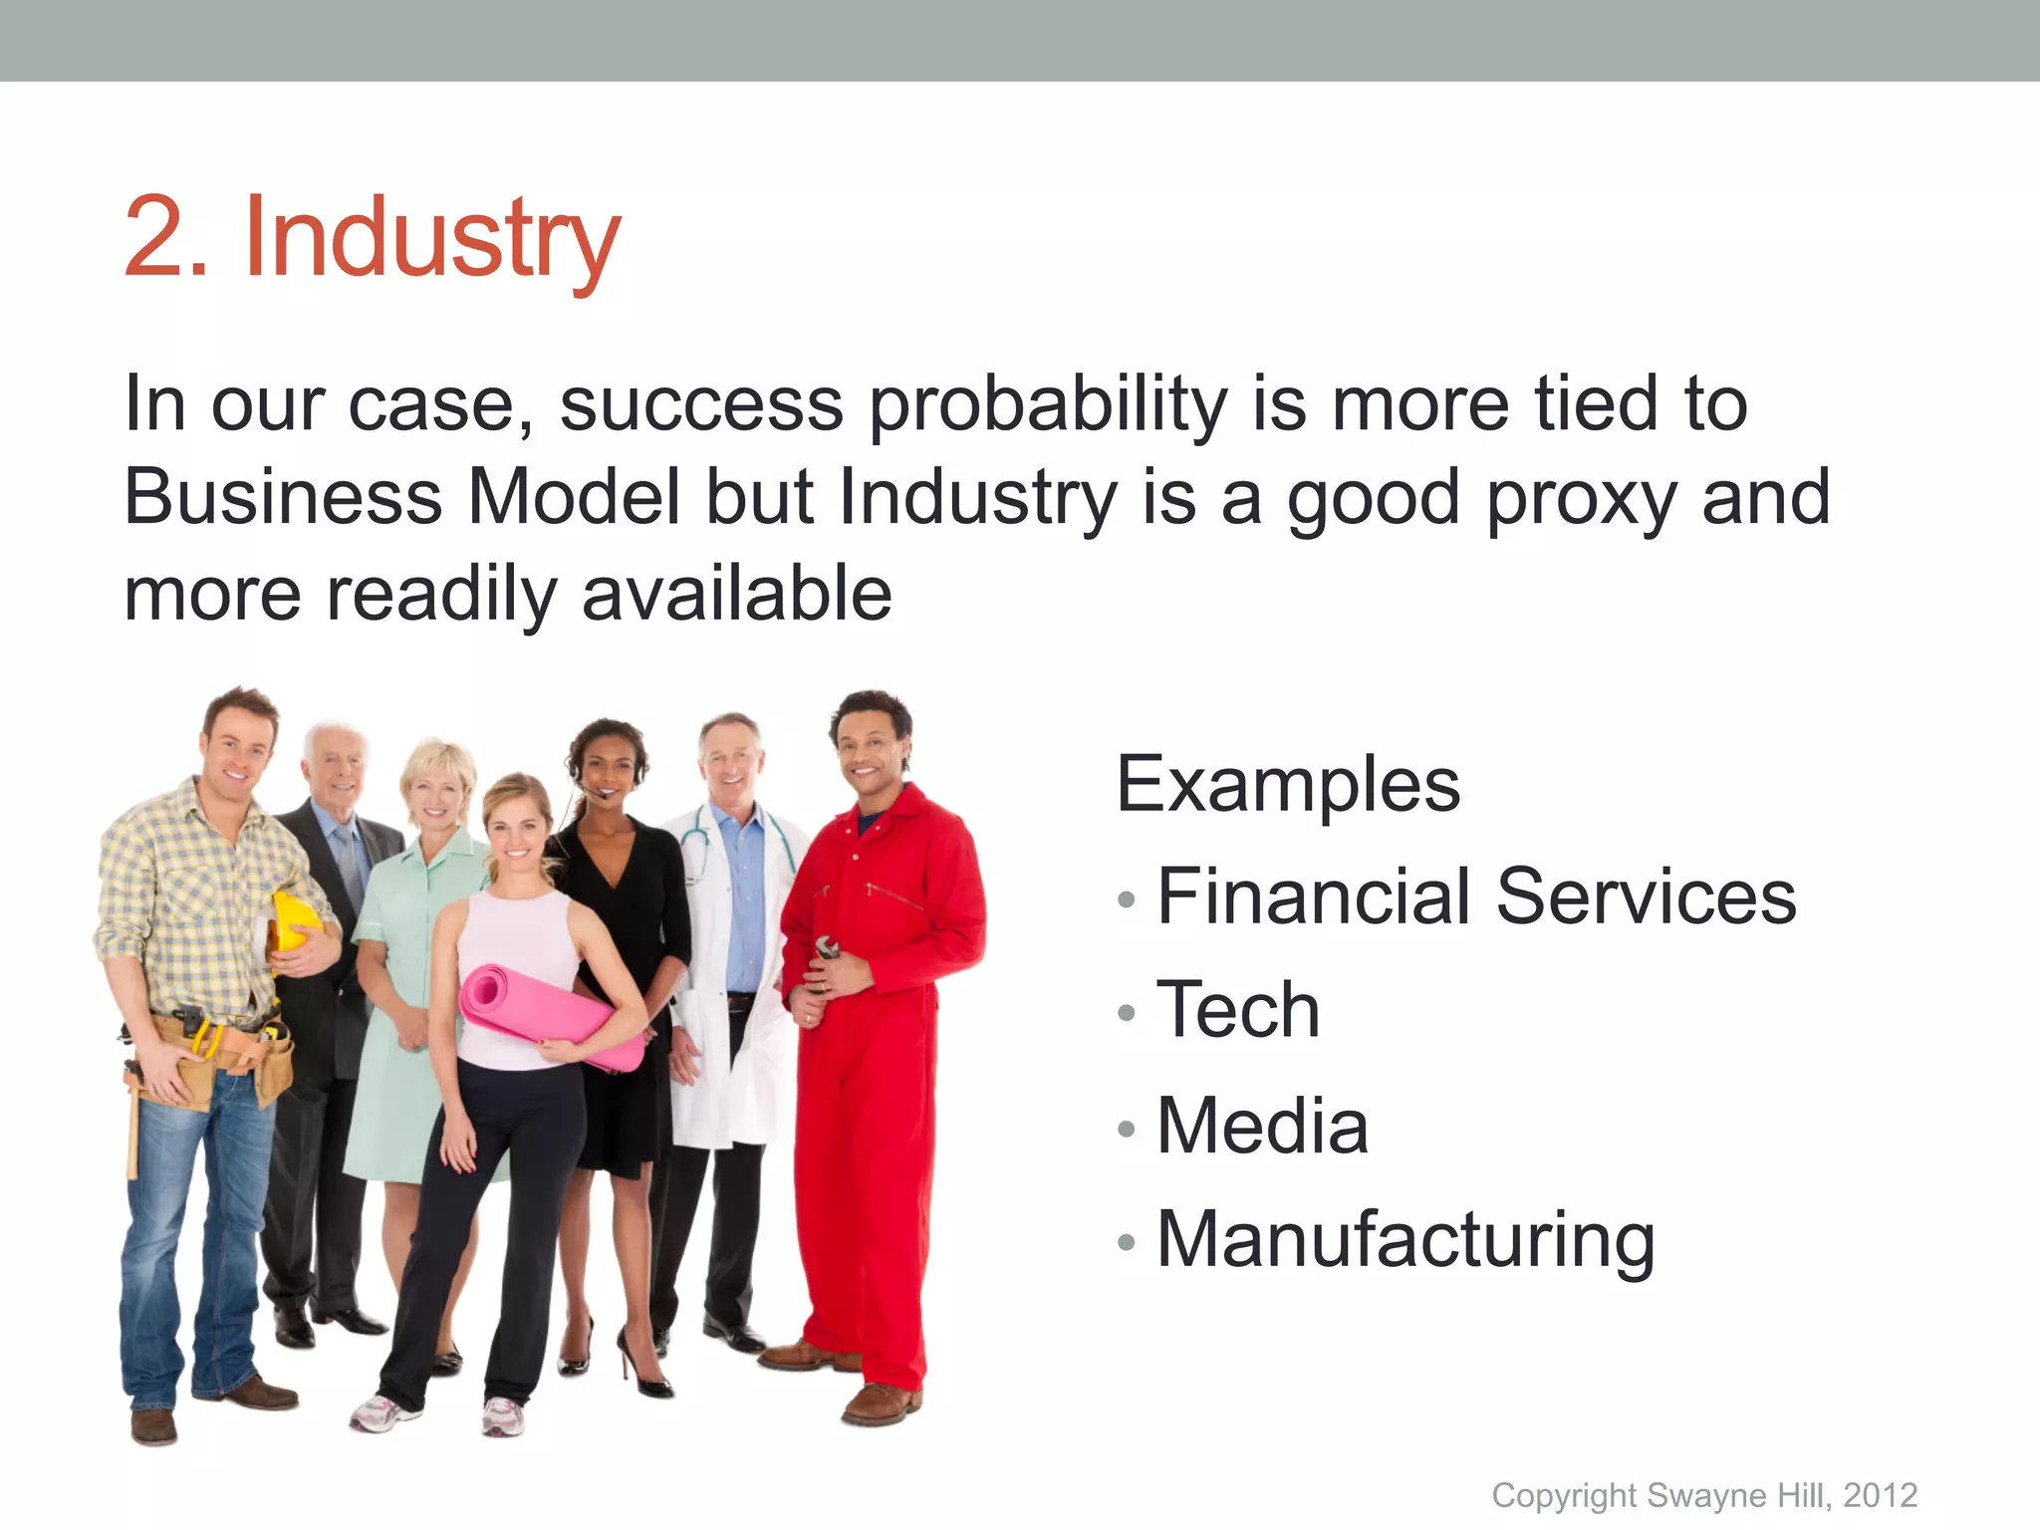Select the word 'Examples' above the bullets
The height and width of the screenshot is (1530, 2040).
pyautogui.click(x=1287, y=785)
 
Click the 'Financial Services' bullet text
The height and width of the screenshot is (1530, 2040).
pyautogui.click(x=1476, y=896)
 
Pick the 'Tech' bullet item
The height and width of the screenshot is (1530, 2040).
pyautogui.click(x=1238, y=1010)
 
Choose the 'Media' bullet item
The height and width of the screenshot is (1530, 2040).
pyautogui.click(x=1262, y=1126)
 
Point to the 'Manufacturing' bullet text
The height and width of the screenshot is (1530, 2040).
pyautogui.click(x=1405, y=1239)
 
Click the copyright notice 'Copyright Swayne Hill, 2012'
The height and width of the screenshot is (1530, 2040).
pyautogui.click(x=1703, y=1495)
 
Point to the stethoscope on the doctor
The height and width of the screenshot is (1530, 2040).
pyautogui.click(x=697, y=847)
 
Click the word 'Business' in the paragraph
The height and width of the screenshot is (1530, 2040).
pyautogui.click(x=283, y=498)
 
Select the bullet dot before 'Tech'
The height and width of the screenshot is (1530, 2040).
pyautogui.click(x=1127, y=1013)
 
